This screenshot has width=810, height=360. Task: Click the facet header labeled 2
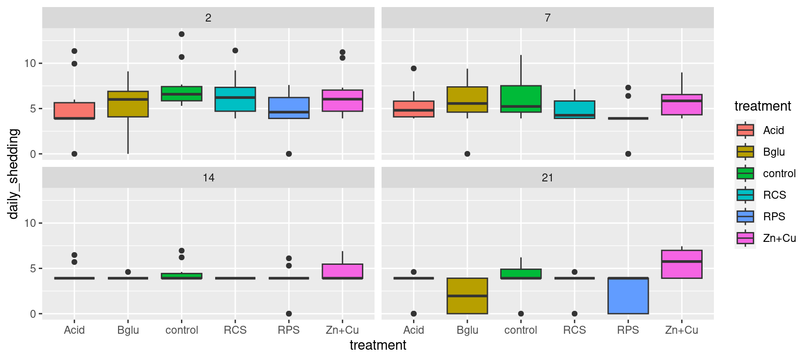click(208, 18)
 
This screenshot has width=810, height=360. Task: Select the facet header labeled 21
click(547, 178)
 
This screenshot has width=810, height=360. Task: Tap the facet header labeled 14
click(208, 178)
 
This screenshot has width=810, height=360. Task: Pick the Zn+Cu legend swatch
click(745, 238)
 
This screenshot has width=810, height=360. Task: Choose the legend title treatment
click(762, 106)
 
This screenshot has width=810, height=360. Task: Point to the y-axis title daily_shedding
click(13, 173)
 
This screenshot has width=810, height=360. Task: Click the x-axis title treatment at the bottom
click(378, 345)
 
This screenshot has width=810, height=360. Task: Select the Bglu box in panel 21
click(467, 296)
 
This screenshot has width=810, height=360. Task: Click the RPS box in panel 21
click(628, 296)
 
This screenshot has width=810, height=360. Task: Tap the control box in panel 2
click(181, 94)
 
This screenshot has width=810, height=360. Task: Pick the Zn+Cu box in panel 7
click(682, 105)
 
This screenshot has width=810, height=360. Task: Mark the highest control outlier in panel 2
click(181, 34)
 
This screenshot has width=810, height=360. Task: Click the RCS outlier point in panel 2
click(235, 51)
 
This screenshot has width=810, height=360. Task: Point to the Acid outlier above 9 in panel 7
click(413, 68)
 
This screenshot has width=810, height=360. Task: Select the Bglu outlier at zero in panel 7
click(467, 154)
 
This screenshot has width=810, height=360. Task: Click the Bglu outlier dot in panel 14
click(128, 272)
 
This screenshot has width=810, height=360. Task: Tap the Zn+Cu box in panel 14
click(342, 271)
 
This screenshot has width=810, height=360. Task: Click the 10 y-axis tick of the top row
click(30, 63)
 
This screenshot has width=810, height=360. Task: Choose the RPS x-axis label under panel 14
click(289, 330)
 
